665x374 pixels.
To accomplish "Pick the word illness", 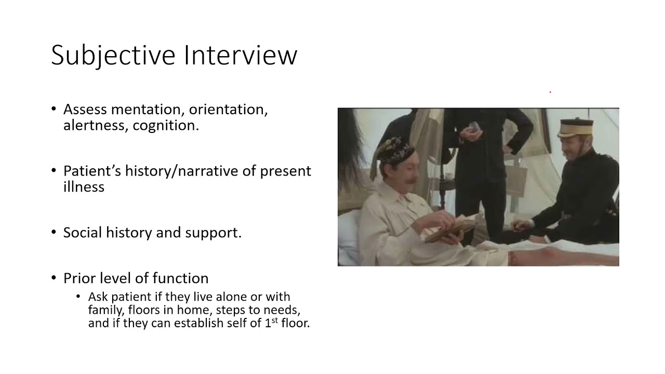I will pyautogui.click(x=84, y=186).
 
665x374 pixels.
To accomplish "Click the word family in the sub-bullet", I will pyautogui.click(x=103, y=310).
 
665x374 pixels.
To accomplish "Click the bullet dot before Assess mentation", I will pyautogui.click(x=54, y=110).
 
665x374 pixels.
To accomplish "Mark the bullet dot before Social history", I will pyautogui.click(x=54, y=232).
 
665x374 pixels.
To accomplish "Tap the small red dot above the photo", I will pyautogui.click(x=550, y=92).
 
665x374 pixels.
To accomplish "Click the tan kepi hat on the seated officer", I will pyautogui.click(x=575, y=127).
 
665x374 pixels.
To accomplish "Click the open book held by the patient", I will pyautogui.click(x=449, y=230).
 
